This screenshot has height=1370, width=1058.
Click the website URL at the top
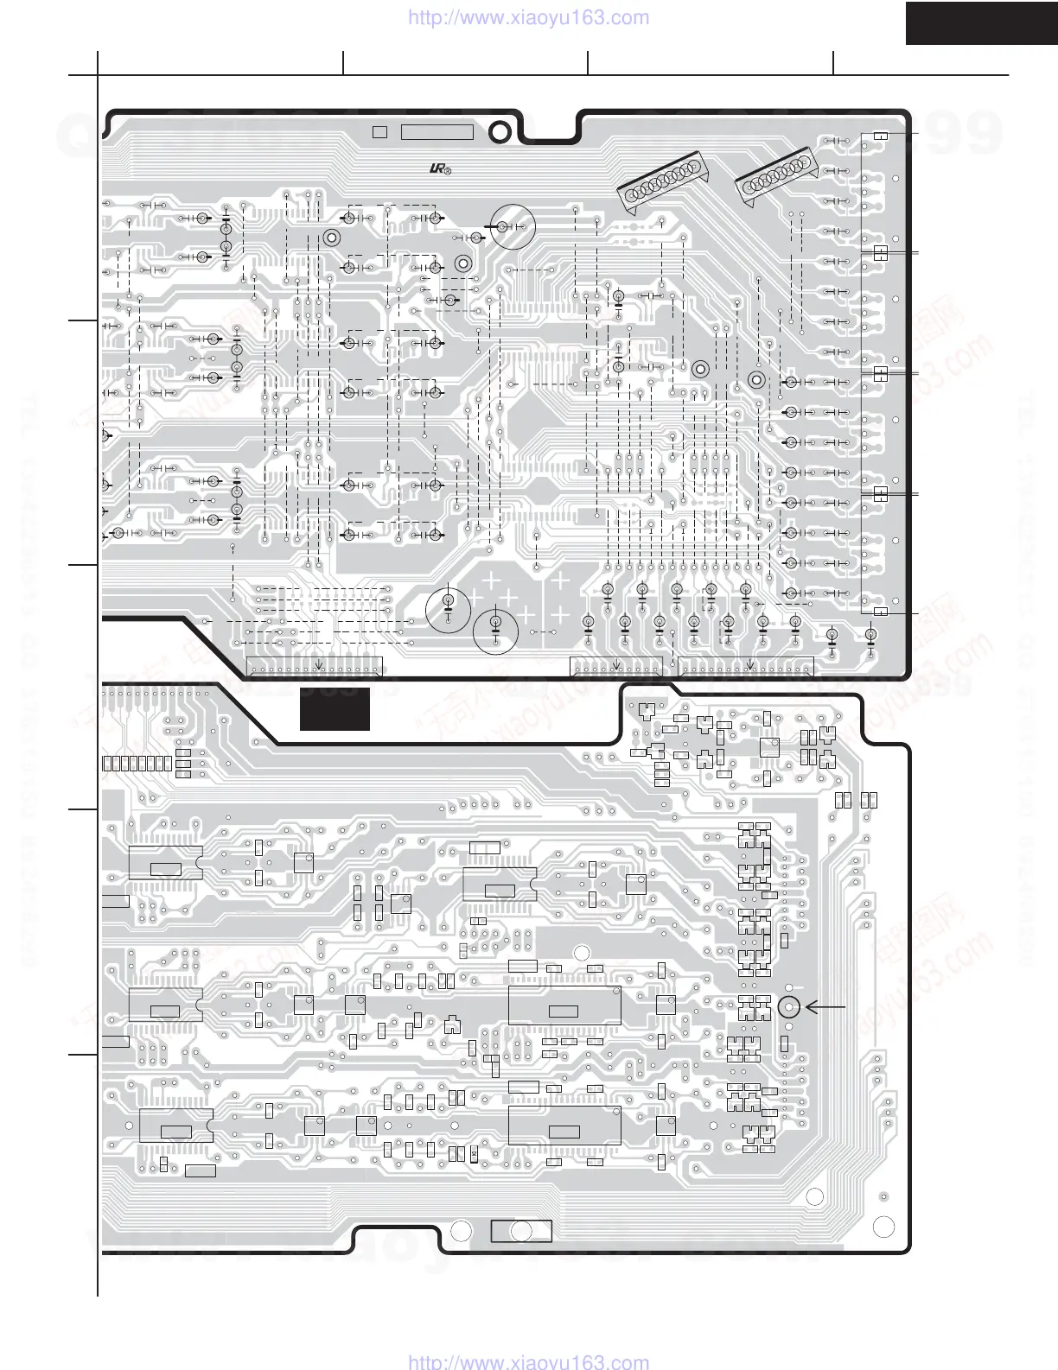tap(527, 17)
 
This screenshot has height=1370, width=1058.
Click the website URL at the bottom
tap(527, 1362)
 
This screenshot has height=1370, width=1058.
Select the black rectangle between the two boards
tap(335, 708)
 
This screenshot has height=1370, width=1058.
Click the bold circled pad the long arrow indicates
tap(788, 1006)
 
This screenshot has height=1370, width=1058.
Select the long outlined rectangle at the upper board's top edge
tap(437, 132)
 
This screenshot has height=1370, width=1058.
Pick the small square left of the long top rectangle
tap(379, 132)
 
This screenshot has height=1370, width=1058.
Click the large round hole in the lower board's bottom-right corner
tap(883, 1227)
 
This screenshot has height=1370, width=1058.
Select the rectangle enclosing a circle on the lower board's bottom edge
tap(520, 1231)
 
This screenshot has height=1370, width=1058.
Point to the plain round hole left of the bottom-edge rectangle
tap(461, 1231)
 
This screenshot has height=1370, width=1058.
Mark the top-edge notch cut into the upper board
tap(549, 125)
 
